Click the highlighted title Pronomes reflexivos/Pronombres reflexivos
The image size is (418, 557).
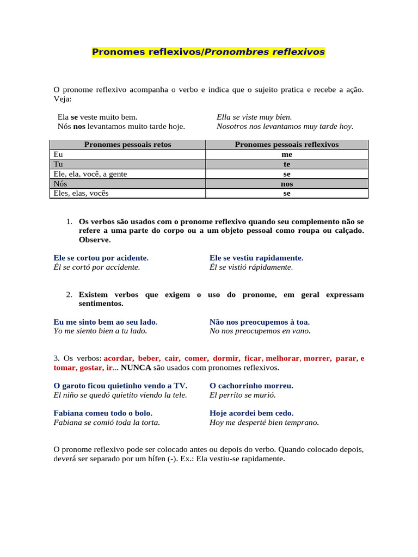tap(208, 52)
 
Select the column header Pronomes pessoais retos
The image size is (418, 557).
tap(127, 145)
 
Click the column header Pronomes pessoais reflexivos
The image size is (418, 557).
tap(286, 145)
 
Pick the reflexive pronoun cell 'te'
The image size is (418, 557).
tap(287, 164)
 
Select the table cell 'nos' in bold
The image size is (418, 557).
tap(287, 184)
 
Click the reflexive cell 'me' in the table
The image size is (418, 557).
tap(287, 154)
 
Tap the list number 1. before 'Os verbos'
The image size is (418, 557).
tap(69, 222)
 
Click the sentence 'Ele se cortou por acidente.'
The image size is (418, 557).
tap(101, 258)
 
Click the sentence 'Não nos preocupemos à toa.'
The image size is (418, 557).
tap(260, 322)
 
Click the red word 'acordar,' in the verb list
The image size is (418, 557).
tap(119, 358)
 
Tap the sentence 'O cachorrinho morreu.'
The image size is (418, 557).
tap(251, 386)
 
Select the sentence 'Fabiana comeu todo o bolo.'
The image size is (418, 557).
tap(103, 413)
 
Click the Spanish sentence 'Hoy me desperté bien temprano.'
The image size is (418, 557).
tap(264, 422)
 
